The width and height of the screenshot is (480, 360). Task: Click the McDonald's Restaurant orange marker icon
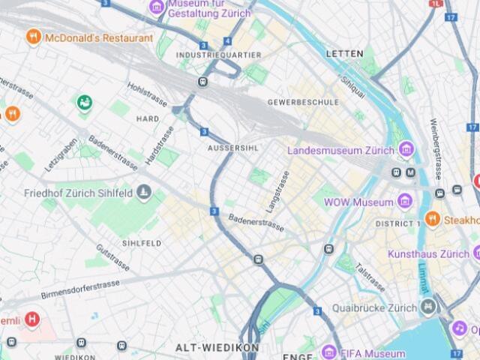[x=33, y=37]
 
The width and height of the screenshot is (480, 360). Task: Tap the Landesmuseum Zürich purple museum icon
[x=406, y=149]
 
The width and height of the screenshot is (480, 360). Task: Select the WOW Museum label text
[x=358, y=202]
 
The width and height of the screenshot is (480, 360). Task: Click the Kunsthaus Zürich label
[x=428, y=254]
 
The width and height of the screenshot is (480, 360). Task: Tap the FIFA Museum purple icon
[x=328, y=352]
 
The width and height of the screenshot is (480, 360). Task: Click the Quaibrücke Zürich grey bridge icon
[x=427, y=307]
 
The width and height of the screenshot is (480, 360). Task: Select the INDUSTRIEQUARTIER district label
[x=218, y=55]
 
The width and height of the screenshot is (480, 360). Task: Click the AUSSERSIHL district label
[x=232, y=148]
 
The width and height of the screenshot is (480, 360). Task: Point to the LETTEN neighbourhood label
[x=345, y=54]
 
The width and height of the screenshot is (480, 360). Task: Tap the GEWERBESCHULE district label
[x=303, y=102]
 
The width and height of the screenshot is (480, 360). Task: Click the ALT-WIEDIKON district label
[x=217, y=348]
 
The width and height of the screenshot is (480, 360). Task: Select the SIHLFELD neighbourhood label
[x=142, y=243]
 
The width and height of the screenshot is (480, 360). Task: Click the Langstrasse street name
[x=277, y=192]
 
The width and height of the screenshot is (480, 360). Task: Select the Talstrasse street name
[x=370, y=277]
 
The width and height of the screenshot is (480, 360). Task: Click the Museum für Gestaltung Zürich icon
[x=157, y=7]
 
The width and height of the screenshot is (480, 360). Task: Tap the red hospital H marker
[x=31, y=319]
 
